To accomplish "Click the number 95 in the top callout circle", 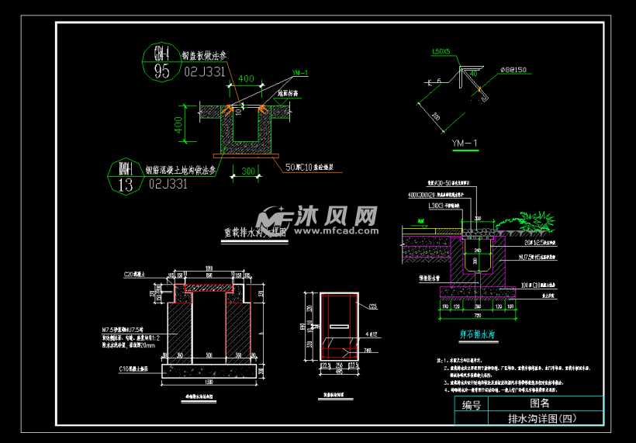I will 162,72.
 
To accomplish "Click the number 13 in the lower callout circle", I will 124,184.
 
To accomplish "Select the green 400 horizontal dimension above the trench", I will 246,79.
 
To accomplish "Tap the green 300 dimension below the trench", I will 248,171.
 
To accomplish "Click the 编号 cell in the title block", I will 472,405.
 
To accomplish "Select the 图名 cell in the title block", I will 540,403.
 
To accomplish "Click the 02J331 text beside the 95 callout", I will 203,71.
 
